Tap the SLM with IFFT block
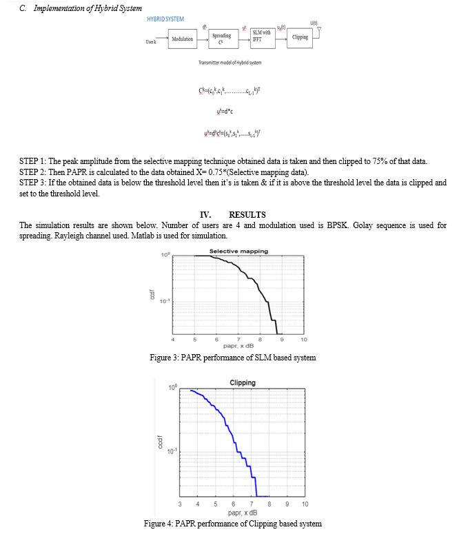(261, 37)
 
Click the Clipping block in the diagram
(300, 37)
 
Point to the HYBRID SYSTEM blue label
(165, 19)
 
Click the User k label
(151, 43)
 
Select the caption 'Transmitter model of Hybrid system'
(229, 63)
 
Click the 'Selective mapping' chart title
(239, 251)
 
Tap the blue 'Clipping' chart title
(242, 382)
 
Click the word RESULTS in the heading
(247, 215)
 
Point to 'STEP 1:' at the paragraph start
(33, 162)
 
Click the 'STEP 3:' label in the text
(33, 183)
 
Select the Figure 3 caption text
(232, 357)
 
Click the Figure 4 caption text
(232, 524)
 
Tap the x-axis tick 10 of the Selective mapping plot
(304, 339)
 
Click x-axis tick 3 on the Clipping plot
(180, 504)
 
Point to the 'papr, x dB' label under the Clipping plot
(242, 513)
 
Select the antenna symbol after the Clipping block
(318, 30)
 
